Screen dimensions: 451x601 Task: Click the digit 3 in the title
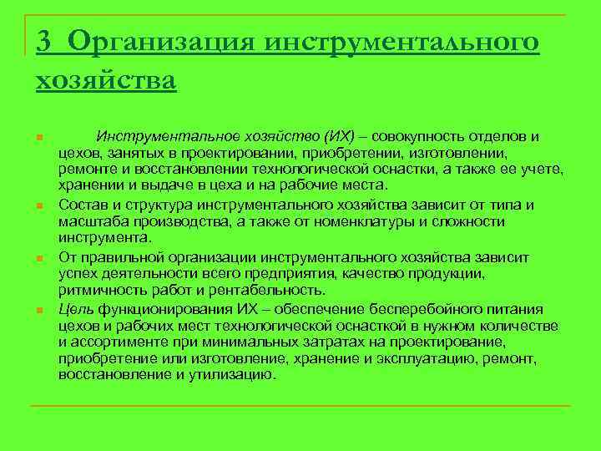pyautogui.click(x=44, y=42)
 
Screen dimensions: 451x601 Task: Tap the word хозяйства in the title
pyautogui.click(x=106, y=81)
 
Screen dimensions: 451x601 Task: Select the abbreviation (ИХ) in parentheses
pyautogui.click(x=337, y=136)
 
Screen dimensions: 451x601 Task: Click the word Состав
pyautogui.click(x=83, y=205)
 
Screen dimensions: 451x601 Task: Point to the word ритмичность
pyautogui.click(x=100, y=290)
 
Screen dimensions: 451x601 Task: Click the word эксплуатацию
pyautogui.click(x=439, y=358)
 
